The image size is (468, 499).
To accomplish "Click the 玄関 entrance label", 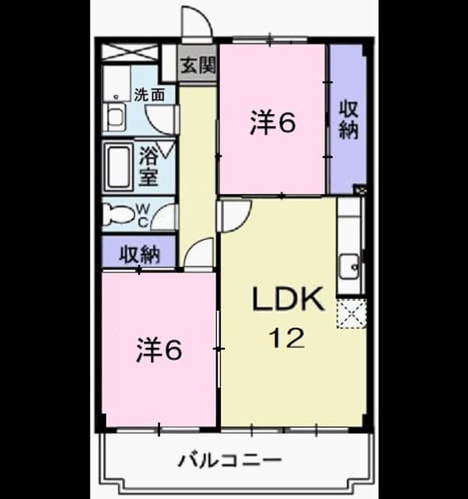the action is [x=199, y=66].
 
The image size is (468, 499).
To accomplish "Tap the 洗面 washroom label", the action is [x=150, y=95].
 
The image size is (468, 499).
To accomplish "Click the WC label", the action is [x=143, y=215].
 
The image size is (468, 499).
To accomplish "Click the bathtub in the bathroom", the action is [x=119, y=167].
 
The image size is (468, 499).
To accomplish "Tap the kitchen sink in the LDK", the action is [x=349, y=267].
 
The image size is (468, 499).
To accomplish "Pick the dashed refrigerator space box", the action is [x=352, y=313].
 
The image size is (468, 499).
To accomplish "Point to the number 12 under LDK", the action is [x=287, y=338].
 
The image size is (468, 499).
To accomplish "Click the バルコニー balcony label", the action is [x=230, y=460].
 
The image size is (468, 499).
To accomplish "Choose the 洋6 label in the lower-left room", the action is [x=159, y=350].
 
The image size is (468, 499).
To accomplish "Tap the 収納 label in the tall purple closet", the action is [x=348, y=120].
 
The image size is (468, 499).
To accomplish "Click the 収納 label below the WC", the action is [x=139, y=254].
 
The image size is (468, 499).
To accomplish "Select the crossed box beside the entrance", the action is [x=130, y=52].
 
